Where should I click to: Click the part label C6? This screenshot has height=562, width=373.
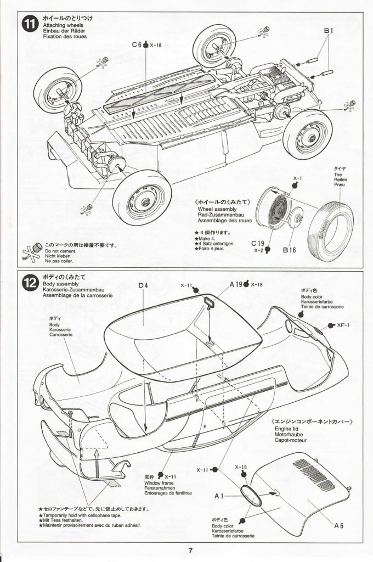(x=137, y=46)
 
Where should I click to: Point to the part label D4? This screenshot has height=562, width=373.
(x=144, y=285)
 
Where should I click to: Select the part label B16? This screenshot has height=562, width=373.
(x=291, y=251)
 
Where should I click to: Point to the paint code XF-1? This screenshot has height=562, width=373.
(x=344, y=324)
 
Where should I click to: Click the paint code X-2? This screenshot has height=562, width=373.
(x=259, y=250)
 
